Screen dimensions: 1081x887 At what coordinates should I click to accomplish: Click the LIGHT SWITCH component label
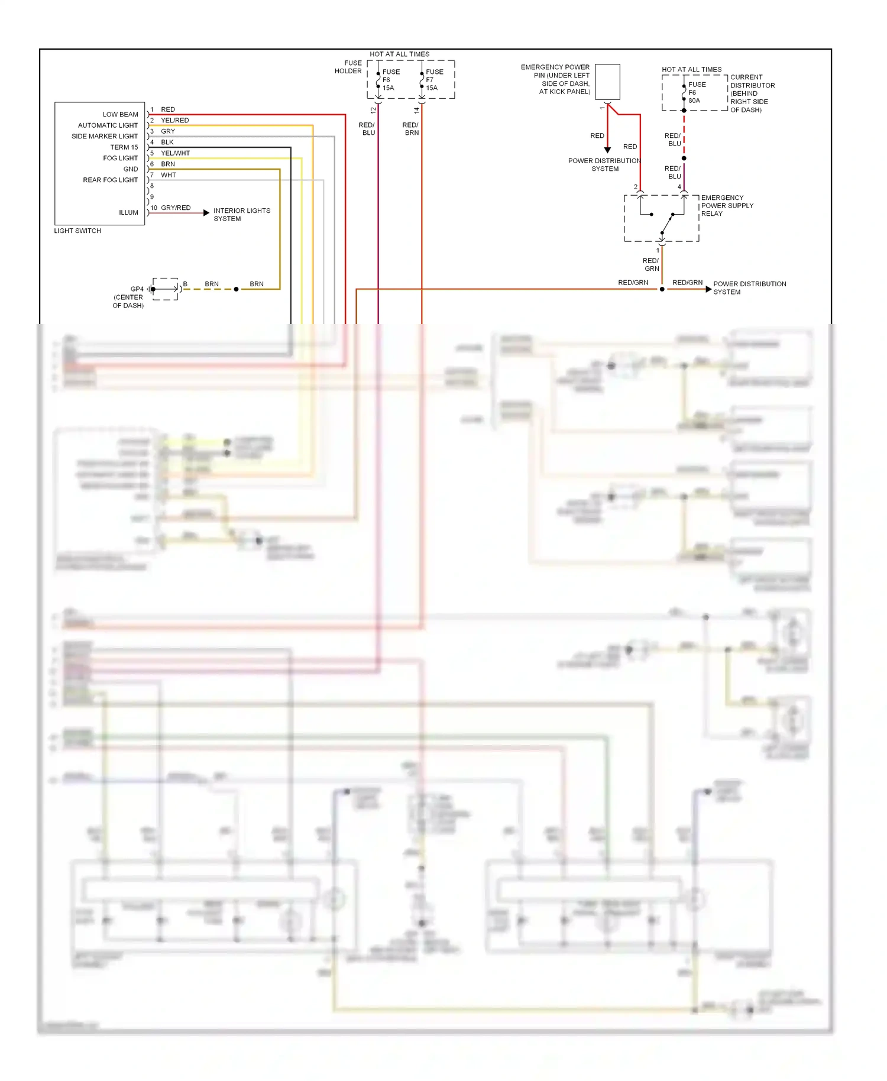click(77, 231)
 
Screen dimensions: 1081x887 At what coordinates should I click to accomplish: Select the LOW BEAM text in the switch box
click(120, 114)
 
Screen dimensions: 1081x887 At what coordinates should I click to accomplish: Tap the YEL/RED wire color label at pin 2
click(174, 120)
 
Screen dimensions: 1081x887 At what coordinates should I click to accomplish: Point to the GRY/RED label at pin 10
click(176, 208)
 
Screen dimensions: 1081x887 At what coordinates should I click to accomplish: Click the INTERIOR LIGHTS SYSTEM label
click(241, 215)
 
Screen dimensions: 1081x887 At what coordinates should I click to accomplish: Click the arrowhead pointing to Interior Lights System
click(206, 212)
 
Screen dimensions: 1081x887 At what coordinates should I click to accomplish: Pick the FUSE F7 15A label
click(433, 80)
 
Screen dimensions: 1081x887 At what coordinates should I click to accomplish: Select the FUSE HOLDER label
click(348, 67)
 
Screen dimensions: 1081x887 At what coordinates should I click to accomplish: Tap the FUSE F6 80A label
click(696, 92)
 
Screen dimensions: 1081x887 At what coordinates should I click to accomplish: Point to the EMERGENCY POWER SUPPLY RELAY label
click(727, 206)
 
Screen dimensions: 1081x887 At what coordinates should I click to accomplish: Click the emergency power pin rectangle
click(607, 82)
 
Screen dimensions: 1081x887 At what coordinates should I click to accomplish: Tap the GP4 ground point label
click(137, 289)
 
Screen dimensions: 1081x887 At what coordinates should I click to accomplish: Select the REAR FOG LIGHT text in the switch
click(110, 180)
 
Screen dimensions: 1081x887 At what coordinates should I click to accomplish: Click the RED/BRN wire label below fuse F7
click(411, 129)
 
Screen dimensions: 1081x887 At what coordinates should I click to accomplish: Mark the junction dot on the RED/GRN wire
click(662, 289)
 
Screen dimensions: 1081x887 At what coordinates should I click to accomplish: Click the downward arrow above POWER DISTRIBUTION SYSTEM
click(607, 150)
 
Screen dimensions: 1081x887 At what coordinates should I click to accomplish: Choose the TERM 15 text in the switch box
click(124, 147)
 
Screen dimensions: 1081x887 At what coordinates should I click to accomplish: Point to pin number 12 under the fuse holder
click(373, 110)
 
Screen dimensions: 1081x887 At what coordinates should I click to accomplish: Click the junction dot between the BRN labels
click(236, 289)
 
